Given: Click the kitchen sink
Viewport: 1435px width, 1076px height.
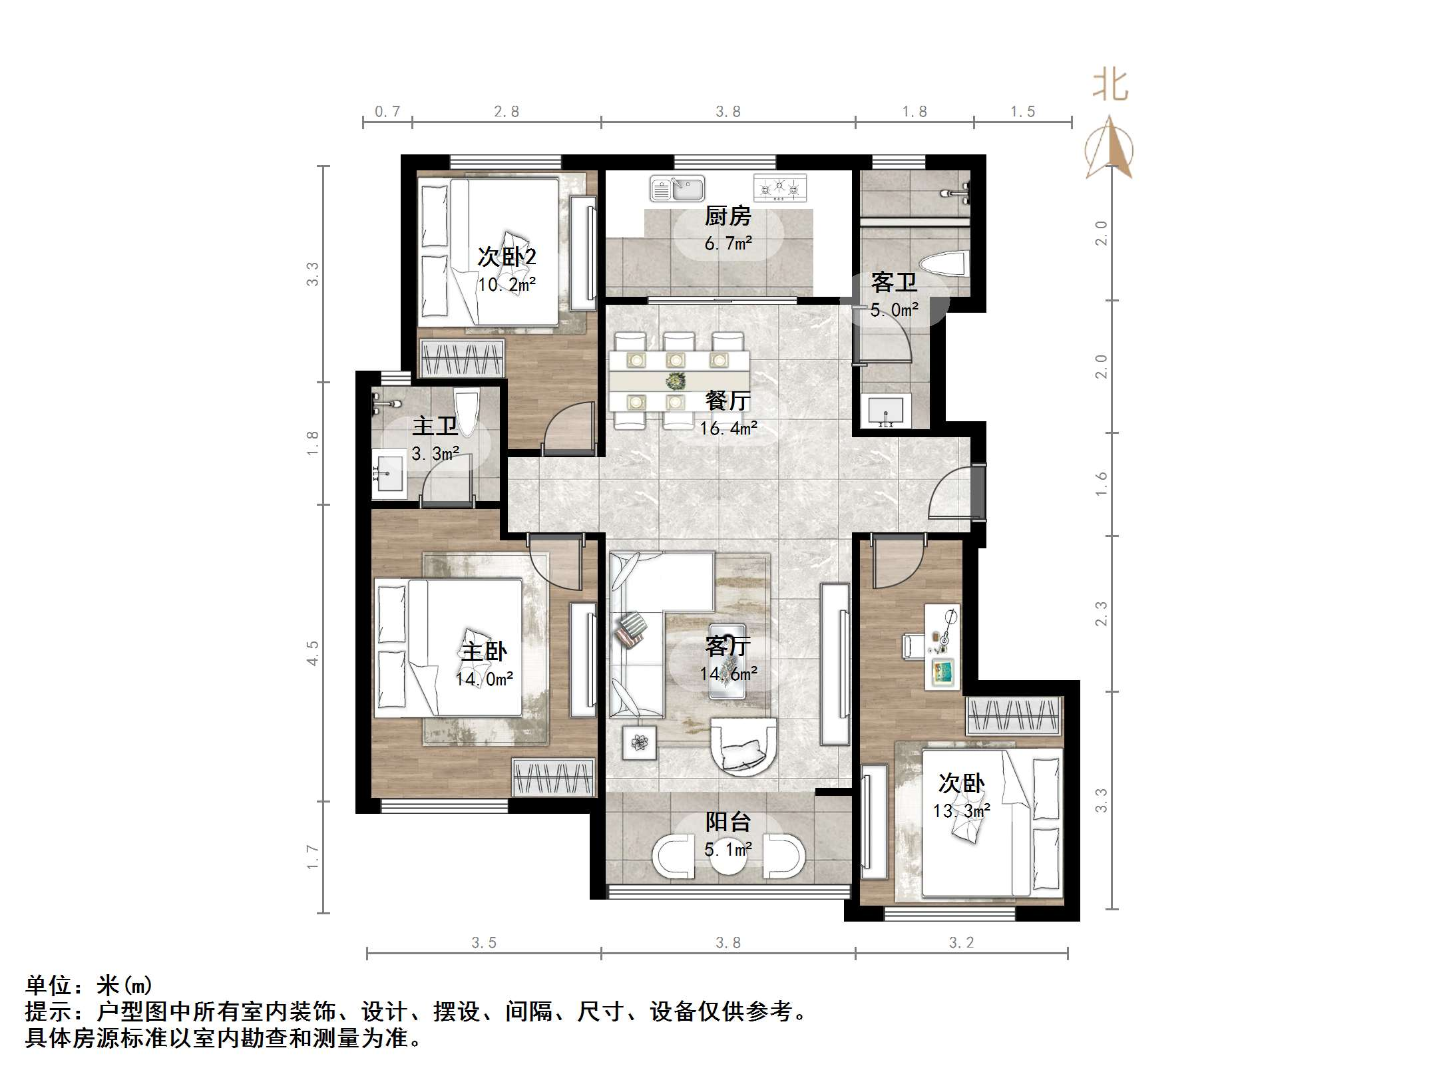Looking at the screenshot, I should pyautogui.click(x=677, y=189).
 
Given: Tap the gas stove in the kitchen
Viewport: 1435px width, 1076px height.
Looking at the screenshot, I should pyautogui.click(x=779, y=188).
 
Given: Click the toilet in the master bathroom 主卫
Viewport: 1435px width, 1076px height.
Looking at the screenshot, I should pyautogui.click(x=466, y=411).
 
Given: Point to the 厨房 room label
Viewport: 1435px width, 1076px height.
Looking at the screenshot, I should pyautogui.click(x=727, y=216).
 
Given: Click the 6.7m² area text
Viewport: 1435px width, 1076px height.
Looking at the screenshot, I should pyautogui.click(x=728, y=243).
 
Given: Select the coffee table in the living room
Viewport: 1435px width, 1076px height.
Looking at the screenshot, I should pyautogui.click(x=727, y=661).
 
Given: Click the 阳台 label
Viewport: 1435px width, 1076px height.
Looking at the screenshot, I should pyautogui.click(x=727, y=822).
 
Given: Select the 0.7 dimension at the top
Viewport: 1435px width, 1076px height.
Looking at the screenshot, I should pyautogui.click(x=387, y=112).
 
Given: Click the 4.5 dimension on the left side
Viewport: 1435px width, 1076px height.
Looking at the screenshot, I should pyautogui.click(x=312, y=653).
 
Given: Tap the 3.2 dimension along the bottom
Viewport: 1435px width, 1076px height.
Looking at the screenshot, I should pyautogui.click(x=960, y=942).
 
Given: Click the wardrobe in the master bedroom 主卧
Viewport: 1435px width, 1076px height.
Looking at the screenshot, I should pyautogui.click(x=553, y=777).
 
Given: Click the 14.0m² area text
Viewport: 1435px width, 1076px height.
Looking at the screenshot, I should pyautogui.click(x=484, y=679).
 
